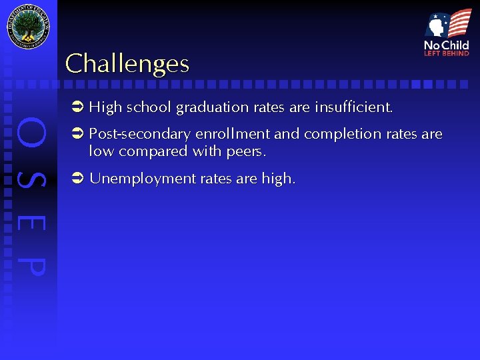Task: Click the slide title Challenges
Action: point(127,63)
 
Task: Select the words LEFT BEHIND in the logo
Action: point(447,53)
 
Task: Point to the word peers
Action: point(246,152)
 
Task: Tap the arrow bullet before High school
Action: point(77,107)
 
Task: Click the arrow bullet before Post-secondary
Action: point(77,133)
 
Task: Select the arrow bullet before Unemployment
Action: point(77,178)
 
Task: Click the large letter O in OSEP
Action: point(31,133)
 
